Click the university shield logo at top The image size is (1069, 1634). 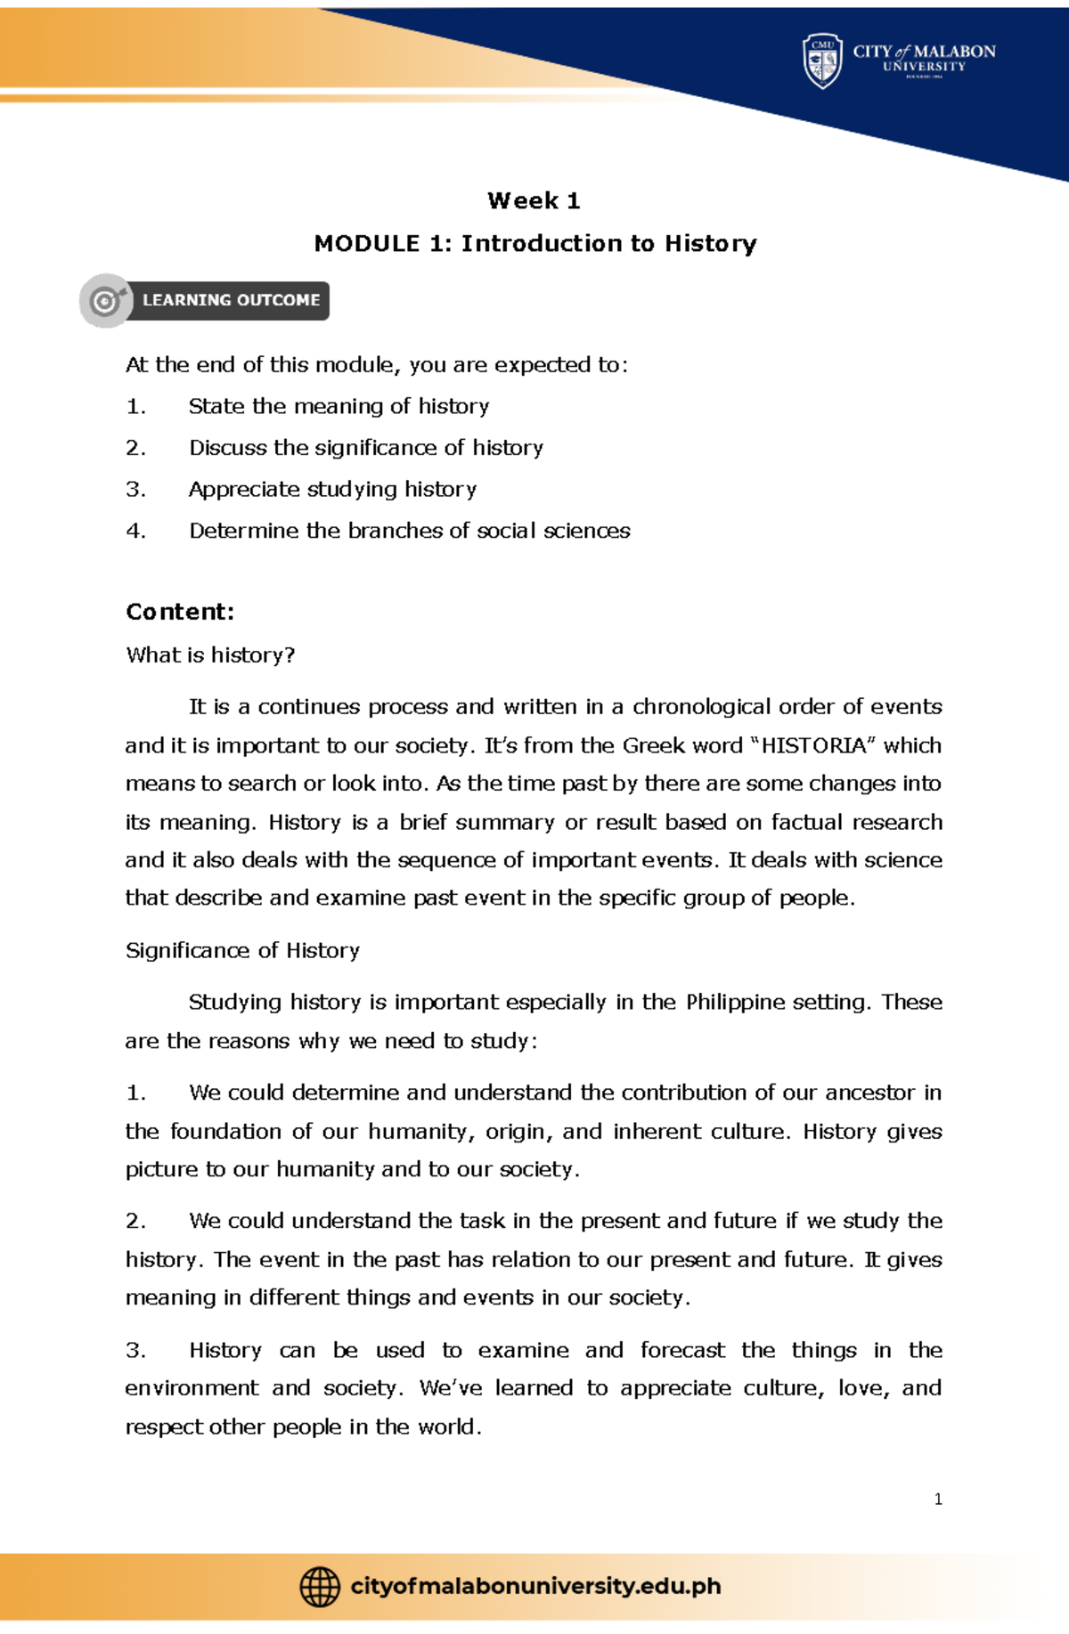(x=822, y=61)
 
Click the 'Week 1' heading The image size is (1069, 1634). (x=534, y=201)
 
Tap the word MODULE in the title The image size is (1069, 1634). (x=366, y=244)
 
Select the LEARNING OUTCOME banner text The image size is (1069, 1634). (x=231, y=301)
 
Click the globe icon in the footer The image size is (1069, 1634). (x=320, y=1587)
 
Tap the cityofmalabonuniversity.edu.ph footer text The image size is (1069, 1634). (x=535, y=1587)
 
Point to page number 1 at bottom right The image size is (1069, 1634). (x=938, y=1500)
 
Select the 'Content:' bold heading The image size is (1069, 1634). (x=180, y=612)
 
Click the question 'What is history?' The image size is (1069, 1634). (x=210, y=655)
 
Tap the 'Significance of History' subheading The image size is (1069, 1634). (x=242, y=951)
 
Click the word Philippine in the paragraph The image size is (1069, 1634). (x=735, y=1003)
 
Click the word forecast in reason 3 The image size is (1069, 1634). (x=682, y=1351)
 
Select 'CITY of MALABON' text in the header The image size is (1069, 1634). (x=924, y=52)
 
